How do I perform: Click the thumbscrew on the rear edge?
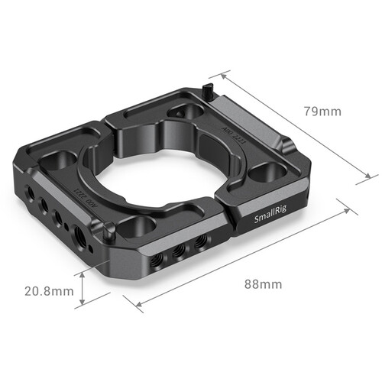click(x=208, y=92)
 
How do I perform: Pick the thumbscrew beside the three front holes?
click(x=112, y=233)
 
